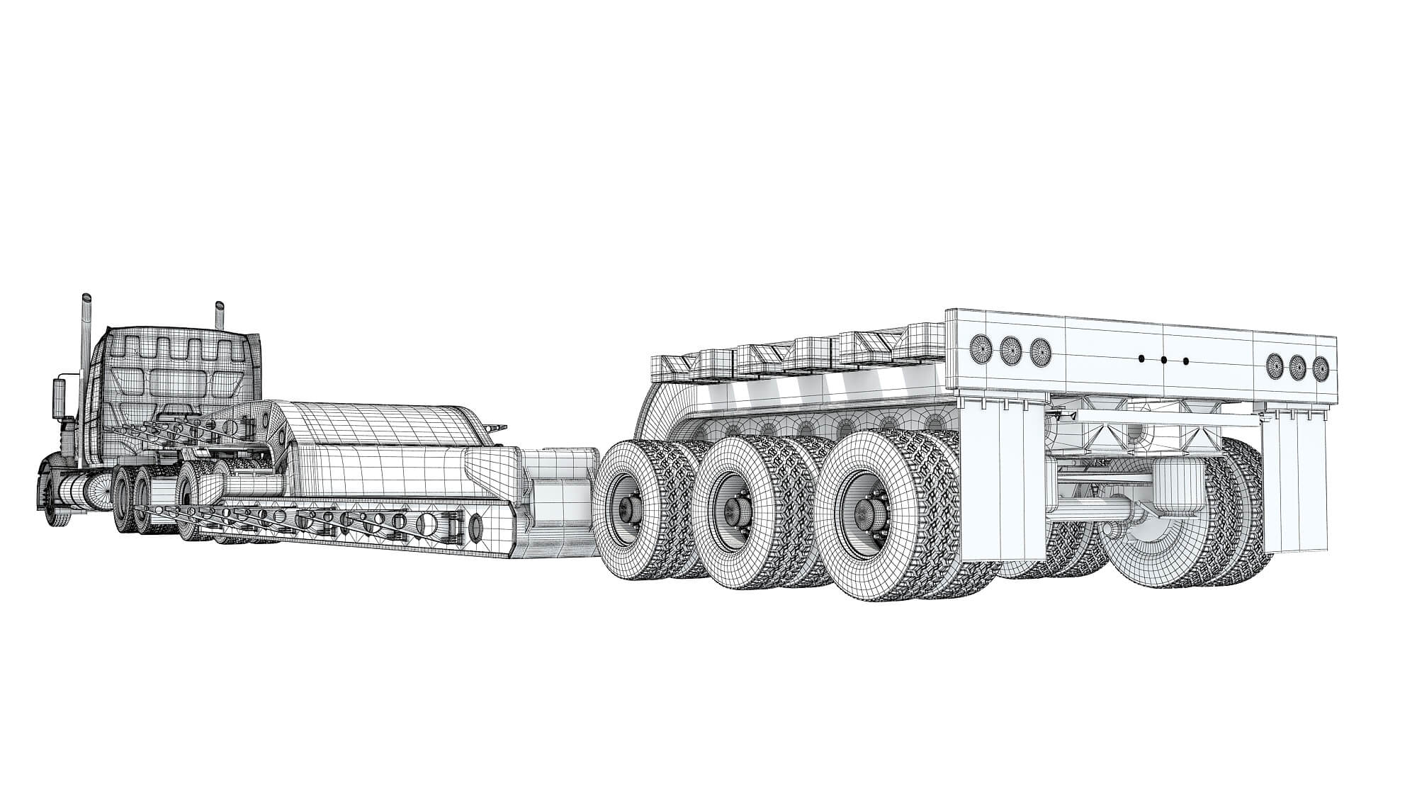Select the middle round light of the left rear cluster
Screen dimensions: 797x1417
[x=1010, y=349]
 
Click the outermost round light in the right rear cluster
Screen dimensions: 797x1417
[x=1320, y=368]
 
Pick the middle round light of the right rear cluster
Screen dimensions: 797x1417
[x=1297, y=366]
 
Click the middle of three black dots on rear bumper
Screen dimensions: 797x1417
[x=1163, y=360]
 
